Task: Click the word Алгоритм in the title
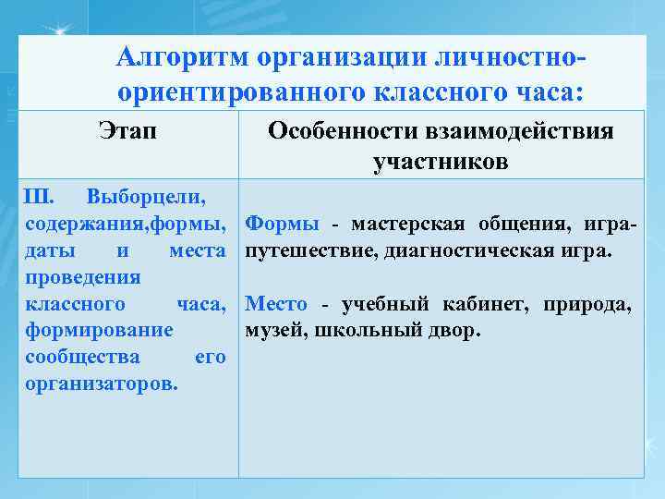pyautogui.click(x=179, y=58)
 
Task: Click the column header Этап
pyautogui.click(x=127, y=132)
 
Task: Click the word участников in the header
pyautogui.click(x=440, y=164)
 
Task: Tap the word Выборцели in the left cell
pyautogui.click(x=145, y=197)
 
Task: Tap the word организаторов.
pyautogui.click(x=103, y=383)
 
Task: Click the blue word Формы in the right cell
pyautogui.click(x=283, y=224)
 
